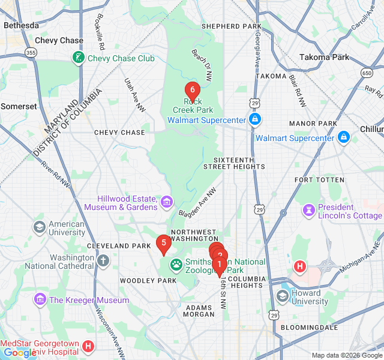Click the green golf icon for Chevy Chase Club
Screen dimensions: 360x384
[78, 58]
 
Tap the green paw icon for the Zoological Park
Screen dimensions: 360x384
[176, 264]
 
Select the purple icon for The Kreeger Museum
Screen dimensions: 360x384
[40, 299]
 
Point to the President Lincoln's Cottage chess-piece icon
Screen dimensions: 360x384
[309, 211]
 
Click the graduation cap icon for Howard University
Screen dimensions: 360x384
[283, 297]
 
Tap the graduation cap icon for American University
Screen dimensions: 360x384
[40, 227]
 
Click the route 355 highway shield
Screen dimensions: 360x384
[31, 53]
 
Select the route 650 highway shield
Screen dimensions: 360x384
[367, 73]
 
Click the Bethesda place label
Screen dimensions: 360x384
[21, 25]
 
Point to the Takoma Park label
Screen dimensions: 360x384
[324, 57]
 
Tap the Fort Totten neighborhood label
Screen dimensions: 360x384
[319, 180]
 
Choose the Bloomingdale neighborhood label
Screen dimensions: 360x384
[311, 328]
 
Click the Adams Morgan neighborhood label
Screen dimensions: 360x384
[199, 310]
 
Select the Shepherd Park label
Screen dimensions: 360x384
[231, 26]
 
